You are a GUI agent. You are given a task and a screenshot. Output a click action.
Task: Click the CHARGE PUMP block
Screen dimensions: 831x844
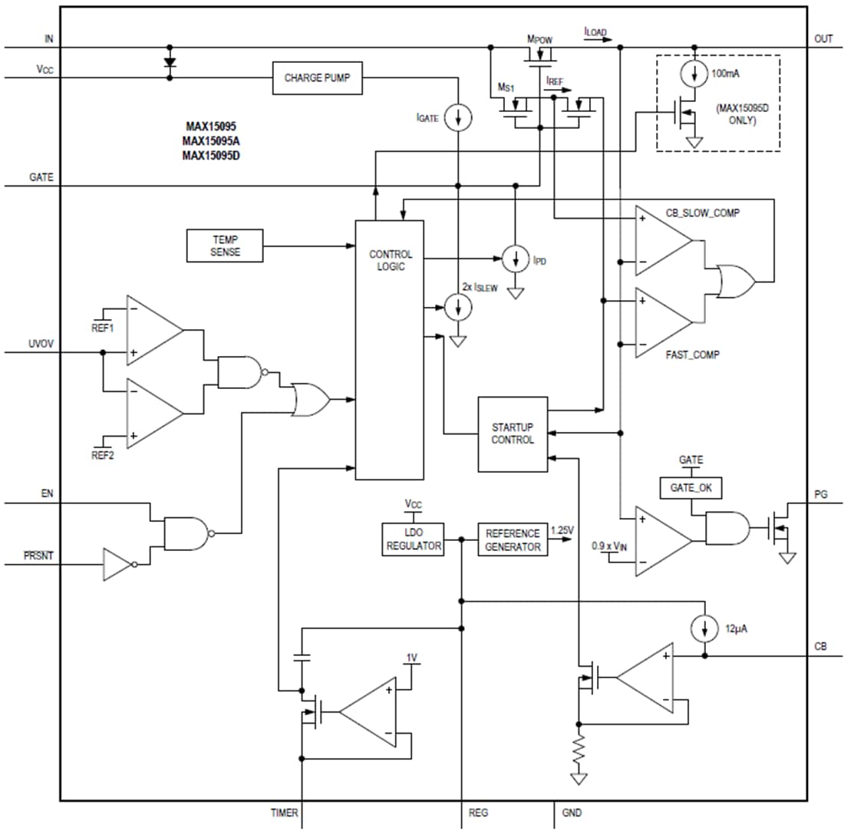click(x=318, y=77)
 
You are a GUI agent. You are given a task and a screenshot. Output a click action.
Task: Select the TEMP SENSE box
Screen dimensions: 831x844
click(x=224, y=246)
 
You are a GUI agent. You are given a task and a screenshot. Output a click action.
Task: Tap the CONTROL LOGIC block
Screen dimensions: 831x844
click(x=390, y=349)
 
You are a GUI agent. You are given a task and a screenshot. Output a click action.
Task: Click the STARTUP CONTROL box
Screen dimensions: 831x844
click(x=513, y=434)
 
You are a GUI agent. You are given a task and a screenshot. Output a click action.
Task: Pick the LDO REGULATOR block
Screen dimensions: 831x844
click(x=413, y=539)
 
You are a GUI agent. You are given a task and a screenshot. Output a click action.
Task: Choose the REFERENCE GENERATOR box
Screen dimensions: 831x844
click(x=513, y=539)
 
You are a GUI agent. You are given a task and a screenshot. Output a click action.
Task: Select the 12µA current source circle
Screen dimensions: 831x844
click(x=704, y=628)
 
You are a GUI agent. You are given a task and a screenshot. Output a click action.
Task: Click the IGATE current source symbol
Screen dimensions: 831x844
click(x=458, y=117)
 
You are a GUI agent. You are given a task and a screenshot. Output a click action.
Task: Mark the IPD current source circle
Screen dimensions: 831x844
click(x=515, y=259)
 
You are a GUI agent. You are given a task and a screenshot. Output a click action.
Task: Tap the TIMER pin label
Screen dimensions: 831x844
click(x=284, y=812)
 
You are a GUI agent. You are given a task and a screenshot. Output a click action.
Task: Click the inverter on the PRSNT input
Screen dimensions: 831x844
click(x=119, y=564)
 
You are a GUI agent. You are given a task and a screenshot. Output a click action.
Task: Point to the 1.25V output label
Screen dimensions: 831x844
click(x=563, y=529)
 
